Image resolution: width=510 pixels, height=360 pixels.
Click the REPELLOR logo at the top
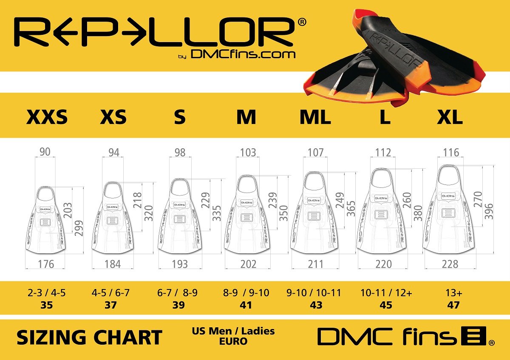[155, 32]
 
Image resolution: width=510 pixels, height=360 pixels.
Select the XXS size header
[47, 117]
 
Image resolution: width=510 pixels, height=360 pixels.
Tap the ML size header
[315, 117]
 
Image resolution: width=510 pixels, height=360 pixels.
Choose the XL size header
[450, 117]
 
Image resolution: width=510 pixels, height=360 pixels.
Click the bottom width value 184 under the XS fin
[113, 264]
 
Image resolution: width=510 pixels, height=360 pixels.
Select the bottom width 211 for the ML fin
[315, 264]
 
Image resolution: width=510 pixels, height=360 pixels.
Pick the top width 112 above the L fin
[383, 152]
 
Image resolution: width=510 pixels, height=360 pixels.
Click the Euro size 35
[47, 305]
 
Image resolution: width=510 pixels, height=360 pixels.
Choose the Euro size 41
[246, 305]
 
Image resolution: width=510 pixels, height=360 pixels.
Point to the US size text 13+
[453, 293]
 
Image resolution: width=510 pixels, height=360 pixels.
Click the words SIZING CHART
[89, 337]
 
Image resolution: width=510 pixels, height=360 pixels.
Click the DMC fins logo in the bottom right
[406, 337]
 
